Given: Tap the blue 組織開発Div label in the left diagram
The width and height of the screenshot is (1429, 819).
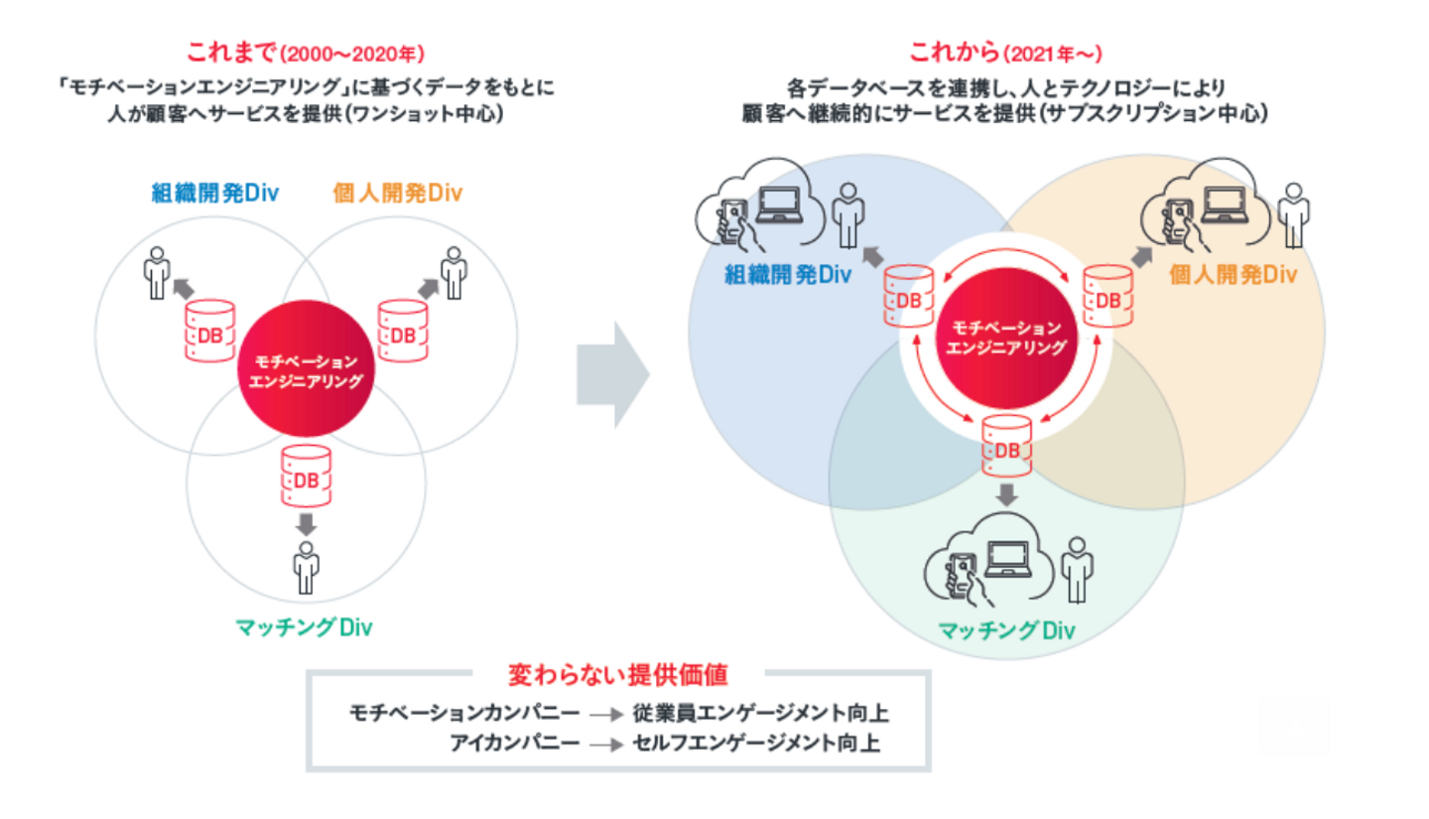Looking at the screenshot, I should tap(214, 191).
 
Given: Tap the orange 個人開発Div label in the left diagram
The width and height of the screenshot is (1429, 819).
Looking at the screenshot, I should tap(397, 191).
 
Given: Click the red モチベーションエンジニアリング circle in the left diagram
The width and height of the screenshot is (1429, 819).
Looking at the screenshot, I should tap(306, 373).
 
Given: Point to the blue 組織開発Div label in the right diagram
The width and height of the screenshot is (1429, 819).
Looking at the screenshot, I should tap(788, 274).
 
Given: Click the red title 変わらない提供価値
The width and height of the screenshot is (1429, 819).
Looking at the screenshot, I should tap(618, 676).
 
